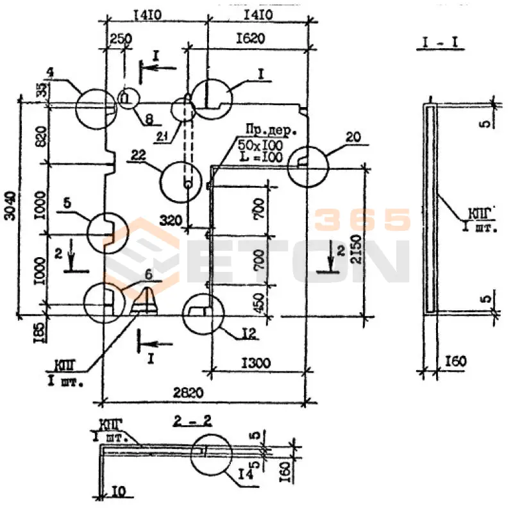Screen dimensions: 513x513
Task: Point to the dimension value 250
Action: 119,38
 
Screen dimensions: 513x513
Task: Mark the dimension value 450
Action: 258,300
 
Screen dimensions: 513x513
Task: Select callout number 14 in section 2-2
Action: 244,475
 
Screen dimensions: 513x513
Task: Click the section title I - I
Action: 443,44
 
